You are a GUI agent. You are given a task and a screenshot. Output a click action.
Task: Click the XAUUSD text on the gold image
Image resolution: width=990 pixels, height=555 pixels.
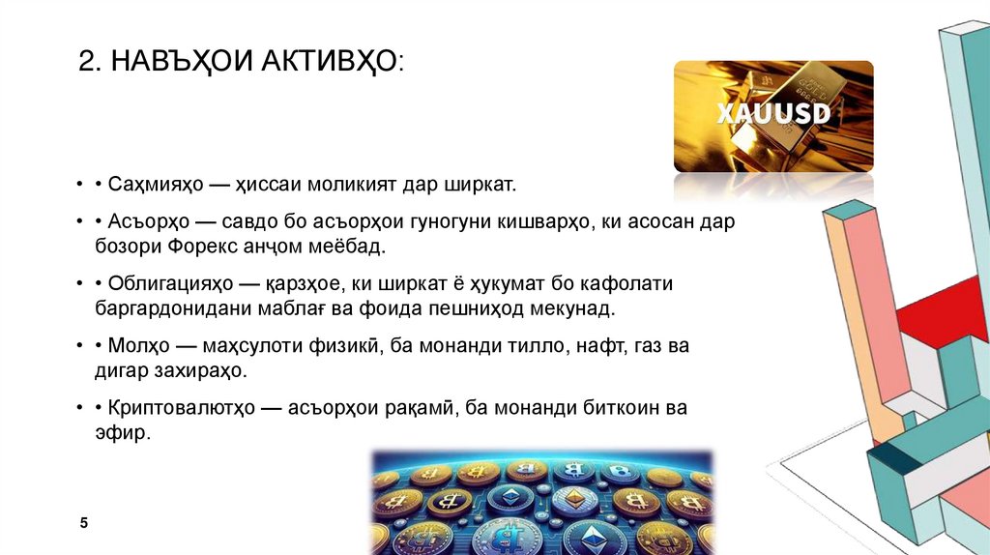[x=773, y=113]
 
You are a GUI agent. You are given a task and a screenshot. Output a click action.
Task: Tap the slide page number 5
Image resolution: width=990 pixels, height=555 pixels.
[x=84, y=523]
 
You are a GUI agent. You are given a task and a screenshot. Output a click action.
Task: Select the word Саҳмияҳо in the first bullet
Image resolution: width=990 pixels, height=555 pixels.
[x=153, y=183]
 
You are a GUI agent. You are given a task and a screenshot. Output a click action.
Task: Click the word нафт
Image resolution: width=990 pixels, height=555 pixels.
[x=592, y=345]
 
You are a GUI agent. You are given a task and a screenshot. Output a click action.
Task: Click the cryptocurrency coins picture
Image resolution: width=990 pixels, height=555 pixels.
[x=541, y=501]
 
